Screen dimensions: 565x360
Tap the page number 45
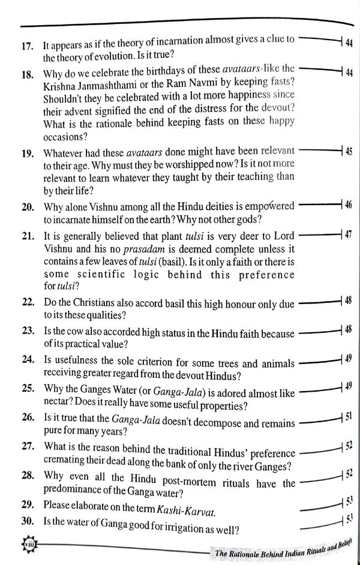pyautogui.click(x=349, y=150)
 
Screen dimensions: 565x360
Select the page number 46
pyautogui.click(x=349, y=206)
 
